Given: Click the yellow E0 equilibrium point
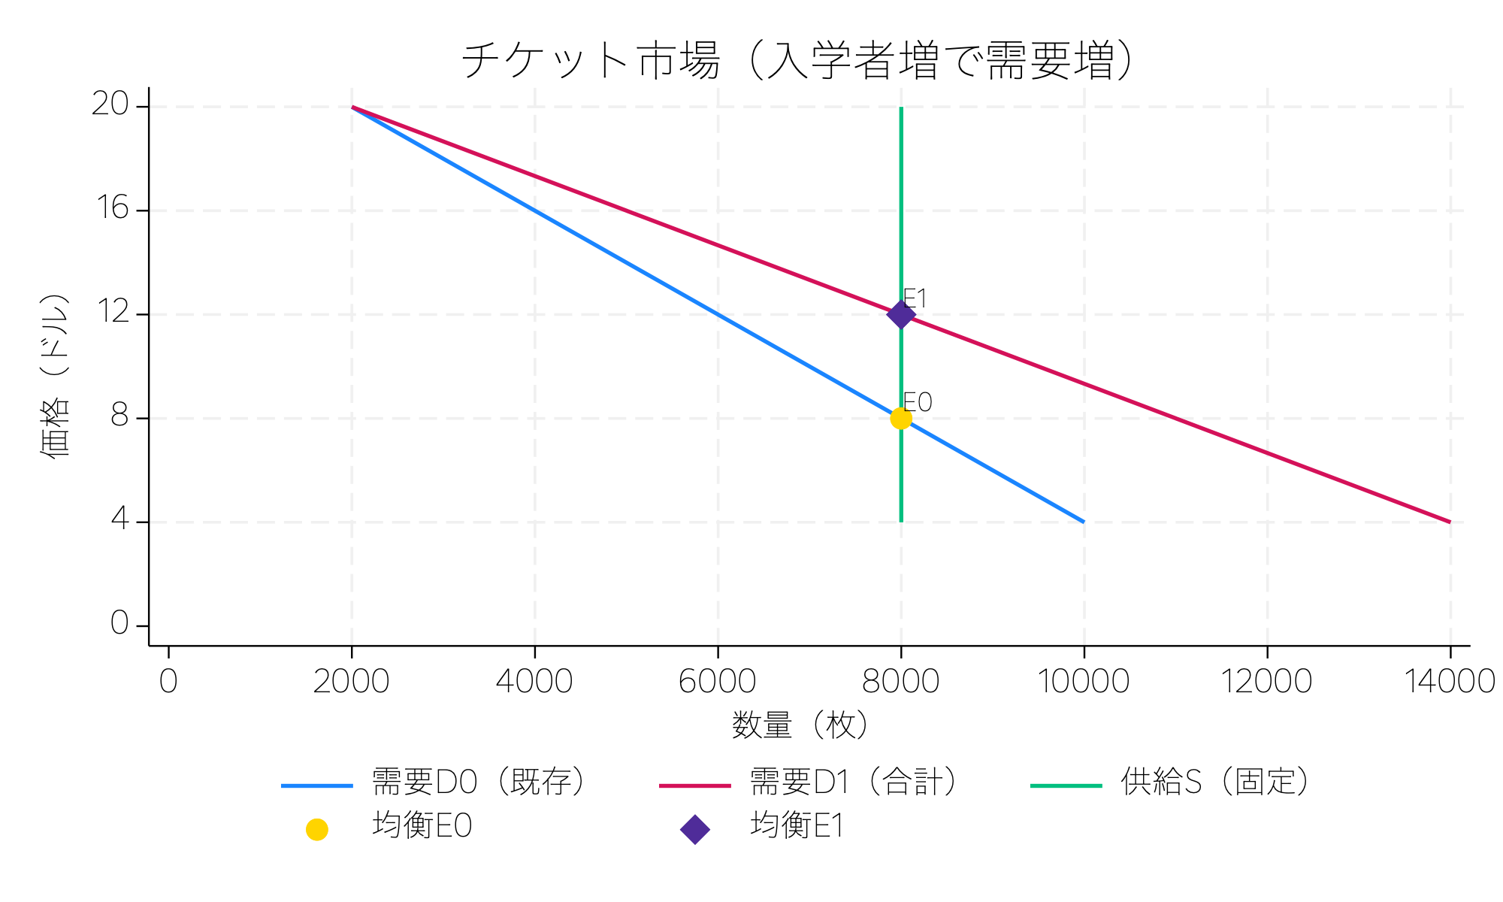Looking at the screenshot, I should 901,419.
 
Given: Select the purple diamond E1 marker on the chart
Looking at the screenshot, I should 901,314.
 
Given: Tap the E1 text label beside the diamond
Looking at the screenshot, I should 915,298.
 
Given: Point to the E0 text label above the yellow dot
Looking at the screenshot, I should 917,403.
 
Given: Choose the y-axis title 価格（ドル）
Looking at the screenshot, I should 54,376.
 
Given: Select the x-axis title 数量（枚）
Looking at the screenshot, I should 801,725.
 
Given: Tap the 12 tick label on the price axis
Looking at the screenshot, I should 113,312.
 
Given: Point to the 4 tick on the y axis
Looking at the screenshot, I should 119,519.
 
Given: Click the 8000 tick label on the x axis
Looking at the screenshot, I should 900,682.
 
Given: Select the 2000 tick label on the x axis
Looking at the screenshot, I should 351,682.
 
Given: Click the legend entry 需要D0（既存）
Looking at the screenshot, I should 478,782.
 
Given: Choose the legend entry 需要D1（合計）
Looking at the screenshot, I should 853,782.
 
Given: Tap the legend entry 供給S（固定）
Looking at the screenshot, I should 1214,782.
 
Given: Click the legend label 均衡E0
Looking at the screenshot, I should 422,826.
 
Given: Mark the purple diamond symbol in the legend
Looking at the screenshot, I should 695,830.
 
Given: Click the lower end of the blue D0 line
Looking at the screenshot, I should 1083,521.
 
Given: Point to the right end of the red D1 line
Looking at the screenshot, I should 1450,522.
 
